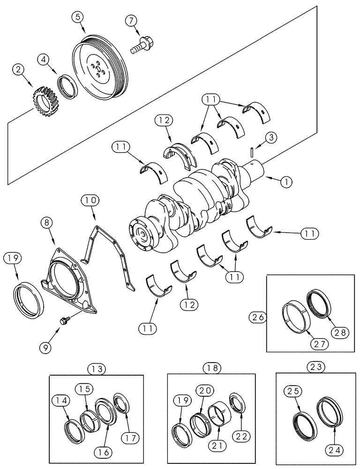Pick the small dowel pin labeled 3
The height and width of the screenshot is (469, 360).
[252, 152]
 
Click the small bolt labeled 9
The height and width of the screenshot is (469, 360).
[63, 320]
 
